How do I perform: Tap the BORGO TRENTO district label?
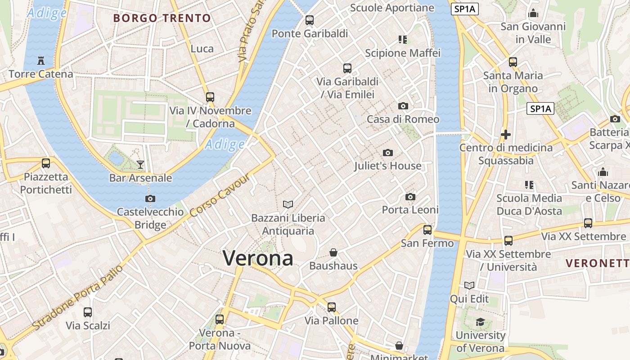click(x=162, y=18)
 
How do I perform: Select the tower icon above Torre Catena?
click(x=41, y=60)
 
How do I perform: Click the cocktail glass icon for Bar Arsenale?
click(x=140, y=164)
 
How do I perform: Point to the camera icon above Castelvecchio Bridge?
click(x=150, y=198)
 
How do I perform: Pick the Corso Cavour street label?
click(x=220, y=196)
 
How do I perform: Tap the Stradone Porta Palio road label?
click(x=77, y=297)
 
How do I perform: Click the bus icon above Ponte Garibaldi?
click(x=310, y=20)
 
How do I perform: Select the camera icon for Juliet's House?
click(x=387, y=153)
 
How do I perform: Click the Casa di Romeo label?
click(x=403, y=119)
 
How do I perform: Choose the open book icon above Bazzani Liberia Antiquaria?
click(x=288, y=204)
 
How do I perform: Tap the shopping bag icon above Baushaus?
click(x=333, y=252)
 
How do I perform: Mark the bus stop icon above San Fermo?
click(x=427, y=230)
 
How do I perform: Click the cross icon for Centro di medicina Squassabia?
click(x=506, y=134)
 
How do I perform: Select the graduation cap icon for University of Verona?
click(x=480, y=322)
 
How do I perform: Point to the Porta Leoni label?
click(x=410, y=210)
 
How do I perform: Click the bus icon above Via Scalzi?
click(x=88, y=312)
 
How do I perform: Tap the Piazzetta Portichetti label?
click(x=46, y=183)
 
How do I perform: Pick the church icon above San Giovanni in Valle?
click(x=533, y=13)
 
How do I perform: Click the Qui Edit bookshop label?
click(x=469, y=299)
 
